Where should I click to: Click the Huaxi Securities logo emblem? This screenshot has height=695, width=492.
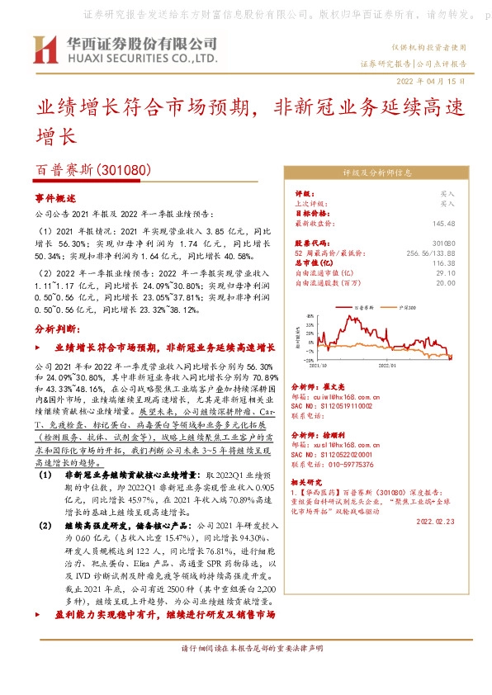coord(51,50)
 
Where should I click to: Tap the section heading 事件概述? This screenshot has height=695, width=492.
coord(55,198)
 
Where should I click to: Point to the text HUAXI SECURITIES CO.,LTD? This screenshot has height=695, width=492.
coord(137,59)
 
